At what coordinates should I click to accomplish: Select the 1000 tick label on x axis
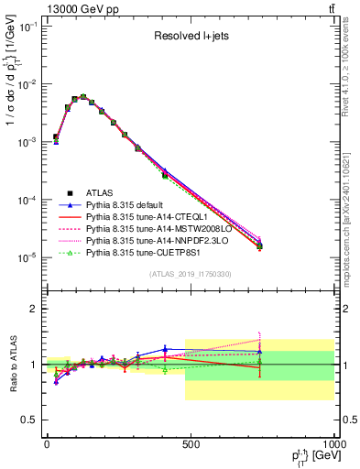(333, 444)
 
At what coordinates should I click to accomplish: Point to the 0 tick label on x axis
(47, 444)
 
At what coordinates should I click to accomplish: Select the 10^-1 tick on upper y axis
(27, 27)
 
